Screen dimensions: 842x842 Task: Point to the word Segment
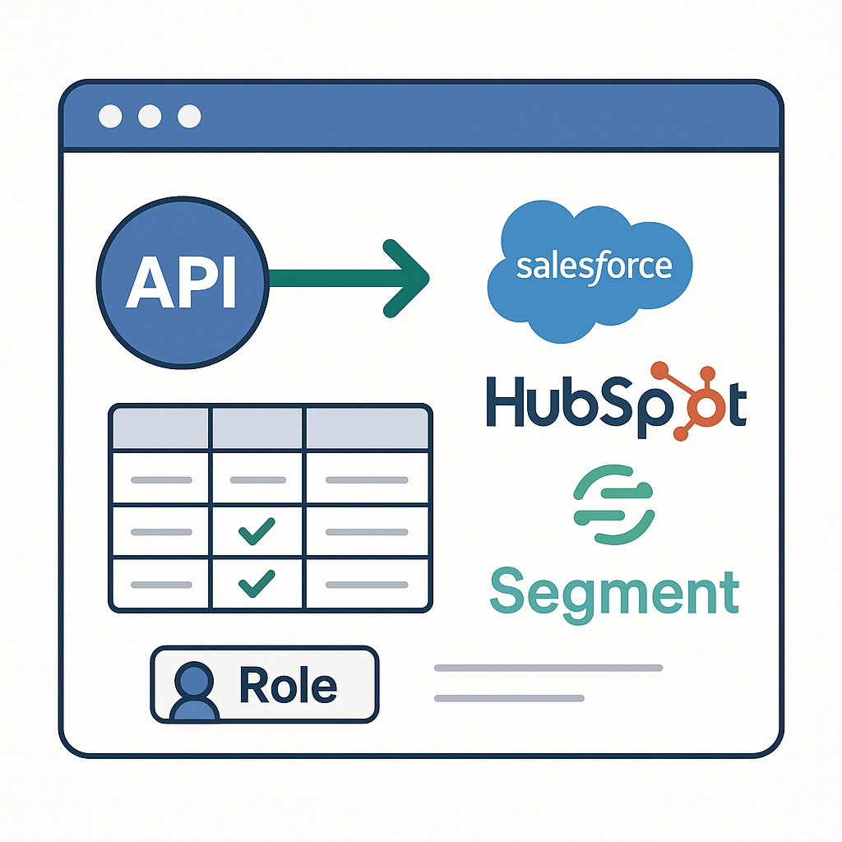(614, 592)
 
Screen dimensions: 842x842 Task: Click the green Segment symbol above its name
(613, 504)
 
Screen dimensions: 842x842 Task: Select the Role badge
(264, 684)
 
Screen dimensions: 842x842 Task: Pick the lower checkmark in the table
(256, 584)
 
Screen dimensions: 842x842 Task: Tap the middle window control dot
(149, 117)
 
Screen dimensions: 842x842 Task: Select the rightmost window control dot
(189, 117)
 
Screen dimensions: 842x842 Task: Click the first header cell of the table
(160, 428)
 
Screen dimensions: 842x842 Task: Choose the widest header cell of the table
(368, 428)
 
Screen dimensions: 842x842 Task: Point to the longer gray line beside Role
(548, 668)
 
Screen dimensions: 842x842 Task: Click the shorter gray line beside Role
(509, 698)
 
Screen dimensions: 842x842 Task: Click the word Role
(287, 685)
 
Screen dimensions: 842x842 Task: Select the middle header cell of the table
(257, 428)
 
